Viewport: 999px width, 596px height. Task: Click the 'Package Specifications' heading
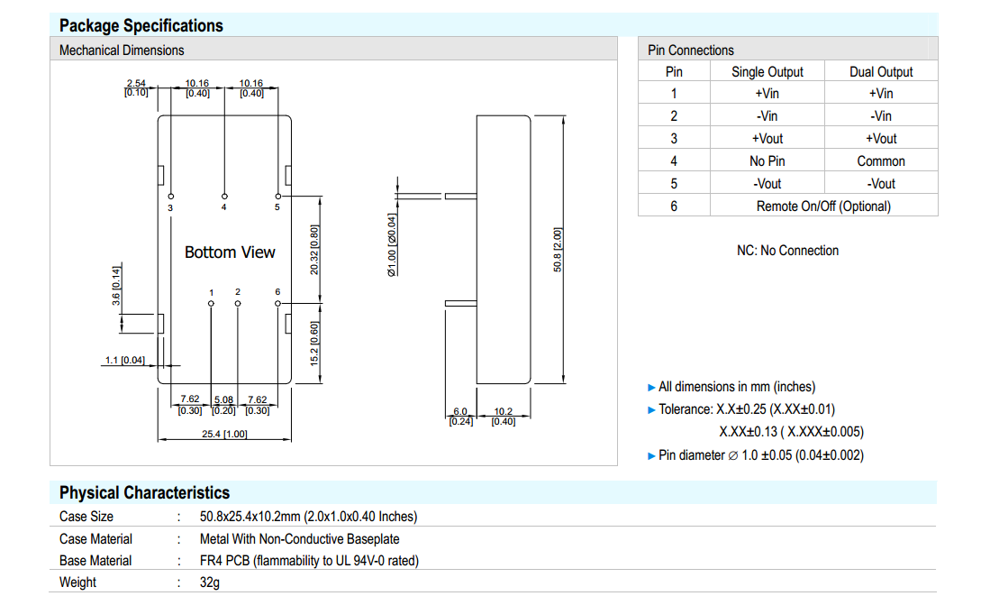tap(141, 25)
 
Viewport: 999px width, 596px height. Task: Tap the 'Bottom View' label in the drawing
tap(230, 252)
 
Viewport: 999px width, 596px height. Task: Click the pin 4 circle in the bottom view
tap(224, 195)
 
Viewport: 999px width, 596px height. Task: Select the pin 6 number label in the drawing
tap(277, 292)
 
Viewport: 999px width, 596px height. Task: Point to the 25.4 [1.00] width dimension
tap(223, 434)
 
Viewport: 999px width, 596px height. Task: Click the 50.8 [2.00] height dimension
tap(558, 251)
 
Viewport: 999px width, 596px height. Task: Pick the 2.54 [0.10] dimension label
tap(136, 88)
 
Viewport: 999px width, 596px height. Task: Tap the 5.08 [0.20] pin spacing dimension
tap(223, 405)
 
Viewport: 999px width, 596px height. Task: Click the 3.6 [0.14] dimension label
tap(116, 286)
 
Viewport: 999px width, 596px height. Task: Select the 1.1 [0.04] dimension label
tap(124, 361)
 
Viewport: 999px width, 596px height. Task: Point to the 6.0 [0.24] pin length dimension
tap(460, 417)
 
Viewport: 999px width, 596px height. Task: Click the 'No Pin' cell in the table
tap(767, 161)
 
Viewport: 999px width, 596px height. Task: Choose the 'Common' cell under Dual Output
tap(881, 161)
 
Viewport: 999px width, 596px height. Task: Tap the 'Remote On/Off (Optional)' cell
tap(823, 206)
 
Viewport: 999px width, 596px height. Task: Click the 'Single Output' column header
tap(767, 72)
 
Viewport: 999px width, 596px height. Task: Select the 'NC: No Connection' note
tap(787, 251)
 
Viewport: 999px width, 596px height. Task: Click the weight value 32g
tap(211, 582)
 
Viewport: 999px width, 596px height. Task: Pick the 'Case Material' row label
tap(95, 539)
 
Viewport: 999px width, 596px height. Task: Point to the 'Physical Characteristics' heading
tap(144, 493)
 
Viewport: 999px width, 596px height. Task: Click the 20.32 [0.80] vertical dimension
tap(313, 250)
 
